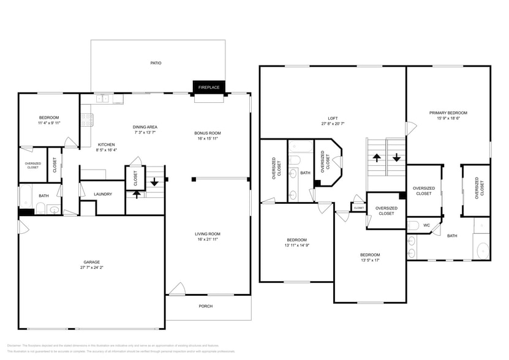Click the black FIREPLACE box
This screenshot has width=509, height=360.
pyautogui.click(x=208, y=88)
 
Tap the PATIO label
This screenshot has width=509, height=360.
pyautogui.click(x=156, y=62)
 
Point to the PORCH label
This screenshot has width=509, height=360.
pyautogui.click(x=206, y=306)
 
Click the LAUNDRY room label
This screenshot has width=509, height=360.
pyautogui.click(x=102, y=195)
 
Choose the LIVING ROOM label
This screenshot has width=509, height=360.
pyautogui.click(x=207, y=234)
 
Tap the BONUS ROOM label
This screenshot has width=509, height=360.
pyautogui.click(x=207, y=133)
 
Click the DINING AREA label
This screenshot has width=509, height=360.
pyautogui.click(x=146, y=127)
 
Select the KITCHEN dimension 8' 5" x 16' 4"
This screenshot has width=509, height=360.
pyautogui.click(x=107, y=150)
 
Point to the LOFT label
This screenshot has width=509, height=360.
pyautogui.click(x=333, y=118)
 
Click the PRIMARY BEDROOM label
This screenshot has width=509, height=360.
pyautogui.click(x=448, y=113)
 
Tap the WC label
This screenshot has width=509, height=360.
pyautogui.click(x=427, y=225)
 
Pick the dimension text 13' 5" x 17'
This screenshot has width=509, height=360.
pyautogui.click(x=369, y=260)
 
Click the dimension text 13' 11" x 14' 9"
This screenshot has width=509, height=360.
pyautogui.click(x=296, y=245)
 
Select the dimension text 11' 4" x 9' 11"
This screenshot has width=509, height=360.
pyautogui.click(x=49, y=123)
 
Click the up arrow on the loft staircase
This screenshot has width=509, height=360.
pyautogui.click(x=377, y=157)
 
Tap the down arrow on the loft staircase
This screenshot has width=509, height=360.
pyautogui.click(x=396, y=157)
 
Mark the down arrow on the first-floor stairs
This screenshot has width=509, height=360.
pyautogui.click(x=154, y=182)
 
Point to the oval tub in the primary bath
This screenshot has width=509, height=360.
pyautogui.click(x=482, y=251)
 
